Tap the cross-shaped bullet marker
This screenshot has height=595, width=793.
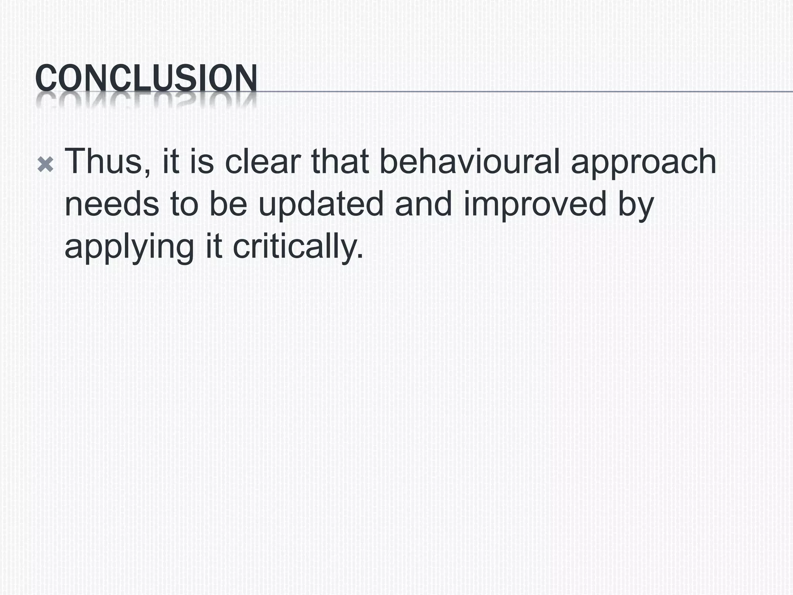click(45, 165)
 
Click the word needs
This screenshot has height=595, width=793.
click(112, 204)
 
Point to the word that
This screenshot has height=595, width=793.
click(340, 162)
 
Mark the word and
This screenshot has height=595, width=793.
click(423, 204)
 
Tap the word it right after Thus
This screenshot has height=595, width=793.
click(171, 162)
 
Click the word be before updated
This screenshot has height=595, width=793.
click(228, 204)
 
